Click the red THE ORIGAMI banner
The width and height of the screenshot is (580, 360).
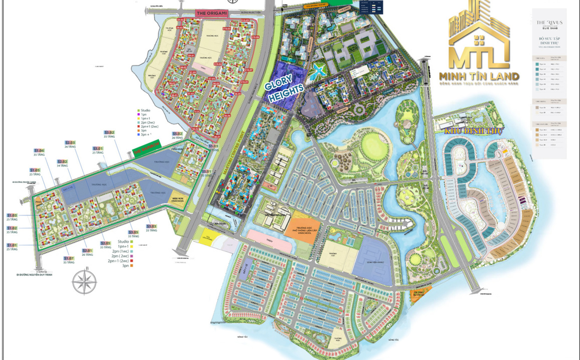tap(212, 14)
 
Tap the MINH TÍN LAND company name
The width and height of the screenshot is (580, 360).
tap(479, 76)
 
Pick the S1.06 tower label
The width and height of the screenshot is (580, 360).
tap(39, 150)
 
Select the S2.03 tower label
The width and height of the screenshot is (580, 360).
tap(70, 143)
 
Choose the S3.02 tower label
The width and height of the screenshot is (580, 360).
tap(109, 133)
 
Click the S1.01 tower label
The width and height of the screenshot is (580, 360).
tap(12, 245)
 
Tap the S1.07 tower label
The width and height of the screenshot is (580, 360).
tap(69, 258)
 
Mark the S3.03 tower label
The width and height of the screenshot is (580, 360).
tap(151, 226)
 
